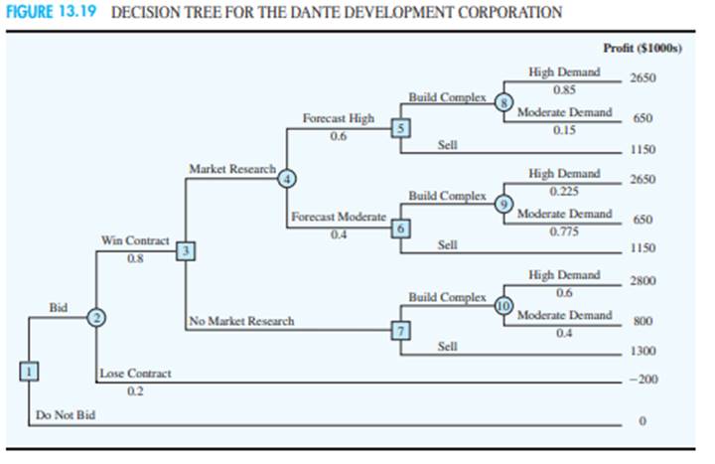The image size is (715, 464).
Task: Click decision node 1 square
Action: click(x=29, y=371)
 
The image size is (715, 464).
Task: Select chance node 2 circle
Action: click(x=96, y=317)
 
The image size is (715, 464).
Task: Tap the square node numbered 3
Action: click(x=186, y=251)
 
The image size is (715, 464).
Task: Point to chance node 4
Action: click(x=287, y=179)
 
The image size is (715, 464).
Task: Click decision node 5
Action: click(x=400, y=128)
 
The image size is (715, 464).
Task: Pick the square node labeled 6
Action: click(x=400, y=229)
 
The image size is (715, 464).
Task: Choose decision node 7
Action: click(x=400, y=330)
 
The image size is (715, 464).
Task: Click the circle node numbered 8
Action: click(x=503, y=102)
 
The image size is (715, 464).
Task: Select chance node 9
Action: click(x=503, y=204)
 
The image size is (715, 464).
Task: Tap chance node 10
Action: click(x=503, y=305)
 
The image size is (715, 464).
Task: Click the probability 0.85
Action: click(x=564, y=89)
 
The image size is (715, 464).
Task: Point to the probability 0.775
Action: click(x=564, y=232)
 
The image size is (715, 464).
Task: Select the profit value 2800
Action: click(x=643, y=280)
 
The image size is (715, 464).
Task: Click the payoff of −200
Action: click(x=643, y=380)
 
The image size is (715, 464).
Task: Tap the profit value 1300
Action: click(x=643, y=351)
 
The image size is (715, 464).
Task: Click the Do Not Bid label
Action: click(x=66, y=415)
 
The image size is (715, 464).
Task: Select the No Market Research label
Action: click(x=241, y=321)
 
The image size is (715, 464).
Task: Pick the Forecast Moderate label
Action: click(x=339, y=217)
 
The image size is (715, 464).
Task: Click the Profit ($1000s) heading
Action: click(x=643, y=48)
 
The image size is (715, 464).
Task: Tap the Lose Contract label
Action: click(x=135, y=374)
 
